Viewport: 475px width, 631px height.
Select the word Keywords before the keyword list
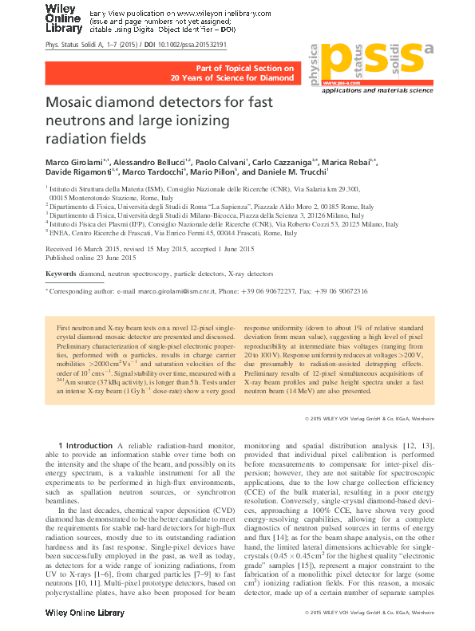click(61, 274)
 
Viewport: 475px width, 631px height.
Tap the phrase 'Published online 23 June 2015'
click(91, 258)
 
